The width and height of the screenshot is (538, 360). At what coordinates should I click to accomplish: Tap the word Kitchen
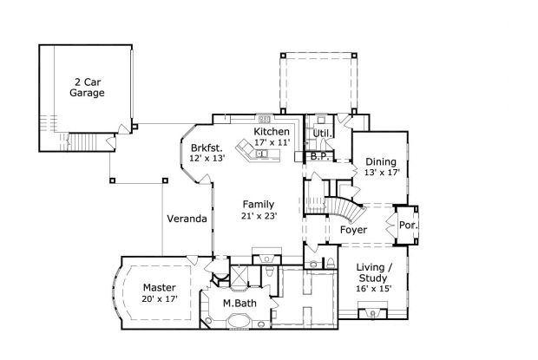271,131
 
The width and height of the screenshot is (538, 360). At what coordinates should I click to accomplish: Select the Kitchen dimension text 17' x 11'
271,142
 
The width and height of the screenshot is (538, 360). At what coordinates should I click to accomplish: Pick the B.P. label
318,157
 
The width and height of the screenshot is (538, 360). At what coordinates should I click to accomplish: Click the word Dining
381,161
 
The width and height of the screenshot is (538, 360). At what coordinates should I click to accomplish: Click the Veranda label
187,219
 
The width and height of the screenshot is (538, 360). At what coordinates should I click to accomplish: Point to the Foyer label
352,230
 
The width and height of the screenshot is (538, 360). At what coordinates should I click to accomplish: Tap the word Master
160,287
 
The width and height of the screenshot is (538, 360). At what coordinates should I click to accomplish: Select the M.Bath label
239,303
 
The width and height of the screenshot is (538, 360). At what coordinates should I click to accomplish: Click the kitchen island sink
259,154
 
